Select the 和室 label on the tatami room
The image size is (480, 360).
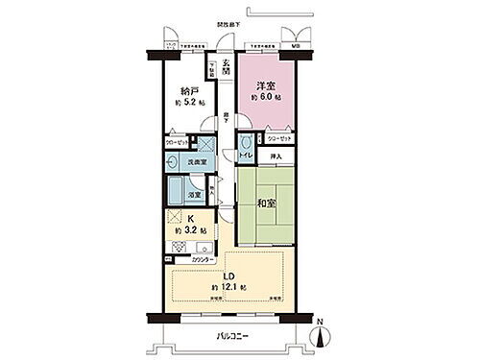267,202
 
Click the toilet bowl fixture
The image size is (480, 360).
245,140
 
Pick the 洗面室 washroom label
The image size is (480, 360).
194,163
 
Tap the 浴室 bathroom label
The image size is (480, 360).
193,195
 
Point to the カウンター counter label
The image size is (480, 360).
202,259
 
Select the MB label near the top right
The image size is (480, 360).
295,44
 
